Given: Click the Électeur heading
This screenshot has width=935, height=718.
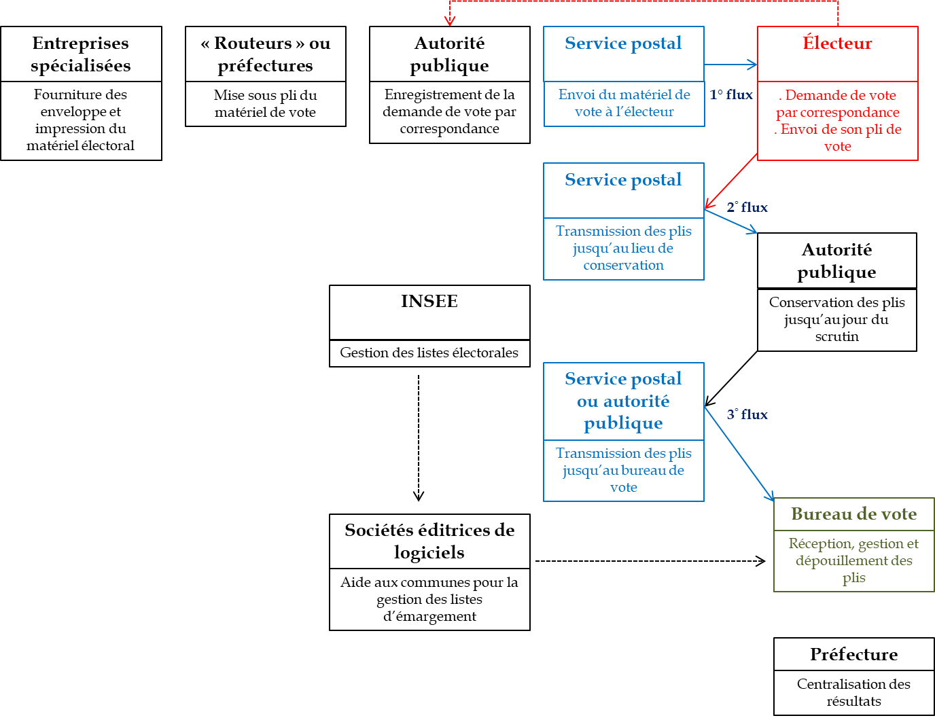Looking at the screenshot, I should click(837, 43).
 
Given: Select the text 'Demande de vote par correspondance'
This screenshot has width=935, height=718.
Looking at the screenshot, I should click(838, 104).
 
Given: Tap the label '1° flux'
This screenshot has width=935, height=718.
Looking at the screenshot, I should click(731, 95).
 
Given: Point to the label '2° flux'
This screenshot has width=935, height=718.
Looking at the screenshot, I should click(747, 207).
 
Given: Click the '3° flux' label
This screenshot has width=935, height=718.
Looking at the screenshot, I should click(747, 414).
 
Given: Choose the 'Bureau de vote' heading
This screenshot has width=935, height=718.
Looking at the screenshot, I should click(853, 514).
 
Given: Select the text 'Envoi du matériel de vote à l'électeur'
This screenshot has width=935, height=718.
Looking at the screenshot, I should click(624, 103).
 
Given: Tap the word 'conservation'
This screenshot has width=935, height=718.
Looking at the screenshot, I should click(623, 266).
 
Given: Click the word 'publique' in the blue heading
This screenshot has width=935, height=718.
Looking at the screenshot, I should click(623, 423).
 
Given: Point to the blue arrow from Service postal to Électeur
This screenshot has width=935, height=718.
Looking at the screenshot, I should click(730, 65).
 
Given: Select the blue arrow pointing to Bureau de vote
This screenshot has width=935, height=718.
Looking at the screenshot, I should click(739, 454).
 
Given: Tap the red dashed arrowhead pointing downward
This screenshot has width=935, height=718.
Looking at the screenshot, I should click(449, 20).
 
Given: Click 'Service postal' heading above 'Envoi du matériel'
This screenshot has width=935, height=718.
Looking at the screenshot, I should click(623, 43).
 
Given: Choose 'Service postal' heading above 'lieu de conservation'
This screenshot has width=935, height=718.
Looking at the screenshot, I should click(623, 180).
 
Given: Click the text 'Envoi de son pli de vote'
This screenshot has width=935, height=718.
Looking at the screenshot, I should click(838, 138).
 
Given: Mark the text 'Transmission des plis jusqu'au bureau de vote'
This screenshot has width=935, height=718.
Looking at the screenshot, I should click(623, 470).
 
